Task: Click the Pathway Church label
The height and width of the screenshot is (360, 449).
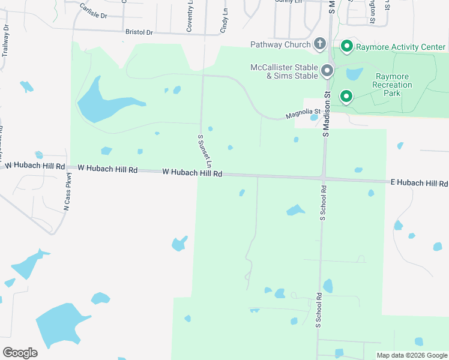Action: tap(281, 44)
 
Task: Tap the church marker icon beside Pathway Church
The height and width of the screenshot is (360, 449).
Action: tap(321, 44)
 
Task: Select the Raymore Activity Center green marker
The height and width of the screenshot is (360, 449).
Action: tap(346, 46)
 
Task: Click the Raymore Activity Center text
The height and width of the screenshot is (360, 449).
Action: tap(401, 47)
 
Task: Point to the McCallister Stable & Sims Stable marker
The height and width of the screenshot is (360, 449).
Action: tap(327, 71)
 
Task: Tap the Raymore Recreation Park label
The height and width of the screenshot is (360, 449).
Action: tap(394, 85)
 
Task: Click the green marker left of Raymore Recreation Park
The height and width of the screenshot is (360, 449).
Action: tap(346, 96)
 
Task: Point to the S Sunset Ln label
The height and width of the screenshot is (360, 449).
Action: tap(205, 151)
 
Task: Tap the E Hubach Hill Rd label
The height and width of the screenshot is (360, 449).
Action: tap(419, 182)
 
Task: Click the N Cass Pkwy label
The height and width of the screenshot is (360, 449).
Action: tap(68, 191)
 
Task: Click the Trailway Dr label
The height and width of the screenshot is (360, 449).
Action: tap(5, 41)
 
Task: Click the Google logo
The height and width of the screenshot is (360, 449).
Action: tap(20, 353)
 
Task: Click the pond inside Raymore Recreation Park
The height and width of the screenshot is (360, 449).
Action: tap(354, 74)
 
